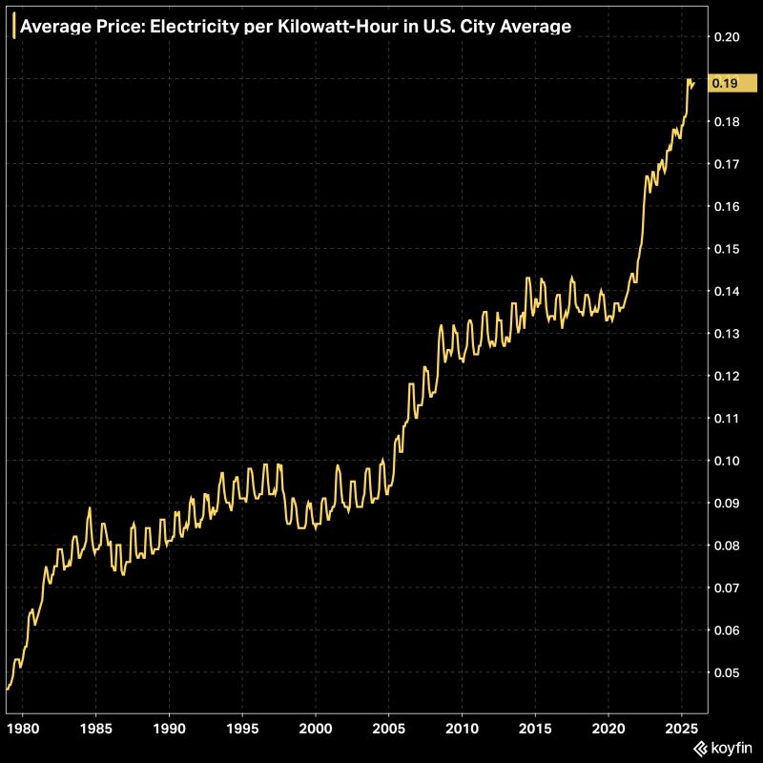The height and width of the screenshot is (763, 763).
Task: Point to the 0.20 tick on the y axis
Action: click(726, 37)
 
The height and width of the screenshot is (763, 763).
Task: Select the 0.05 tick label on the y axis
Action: click(726, 672)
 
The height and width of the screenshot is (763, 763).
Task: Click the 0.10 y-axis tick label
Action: click(726, 461)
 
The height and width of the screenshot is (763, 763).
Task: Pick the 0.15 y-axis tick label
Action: click(726, 249)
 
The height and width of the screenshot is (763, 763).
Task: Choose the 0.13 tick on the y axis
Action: click(726, 334)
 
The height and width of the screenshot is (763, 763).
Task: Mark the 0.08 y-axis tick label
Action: click(726, 546)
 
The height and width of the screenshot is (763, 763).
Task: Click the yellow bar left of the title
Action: click(12, 27)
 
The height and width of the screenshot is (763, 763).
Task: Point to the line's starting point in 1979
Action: click(8, 689)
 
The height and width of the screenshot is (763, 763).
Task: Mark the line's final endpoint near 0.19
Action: click(694, 83)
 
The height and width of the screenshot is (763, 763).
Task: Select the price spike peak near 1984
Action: click(90, 508)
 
